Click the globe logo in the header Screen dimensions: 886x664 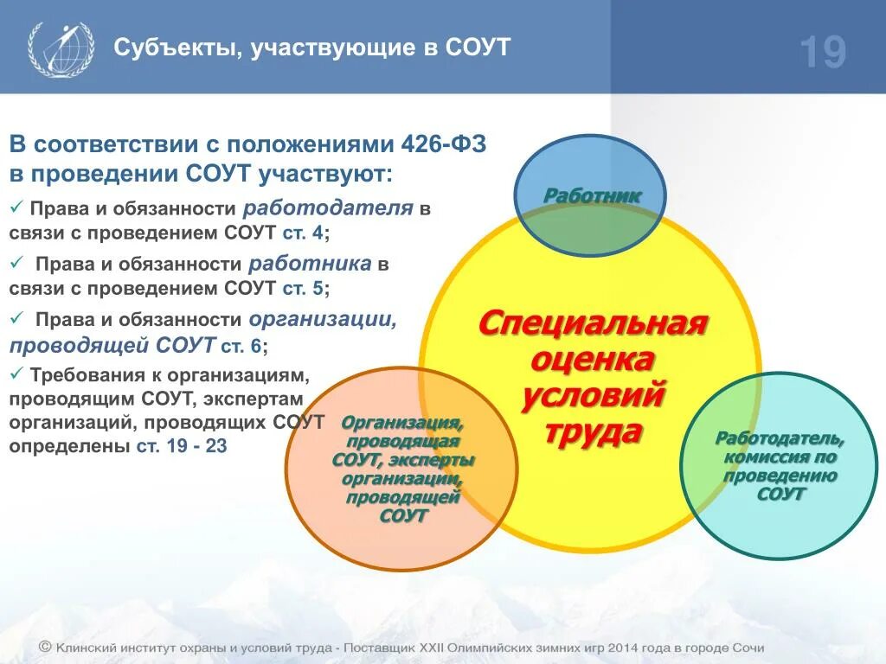pos(61,48)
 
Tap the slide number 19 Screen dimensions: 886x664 pos(823,53)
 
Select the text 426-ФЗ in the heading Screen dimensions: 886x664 pos(443,144)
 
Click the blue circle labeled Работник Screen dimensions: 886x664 pos(590,195)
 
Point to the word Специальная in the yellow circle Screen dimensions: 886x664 pos(593,323)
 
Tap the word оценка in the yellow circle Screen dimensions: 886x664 pos(593,360)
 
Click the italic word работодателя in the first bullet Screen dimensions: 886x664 pos(328,208)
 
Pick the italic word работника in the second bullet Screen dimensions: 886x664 pos(311,264)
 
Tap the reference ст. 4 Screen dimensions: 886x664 pos(304,233)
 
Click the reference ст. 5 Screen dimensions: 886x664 pos(304,288)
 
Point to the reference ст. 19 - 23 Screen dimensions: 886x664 pos(182,446)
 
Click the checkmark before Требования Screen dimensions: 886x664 pos(16,373)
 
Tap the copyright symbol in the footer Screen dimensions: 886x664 pos(45,647)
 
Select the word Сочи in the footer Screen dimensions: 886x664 pos(748,648)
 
